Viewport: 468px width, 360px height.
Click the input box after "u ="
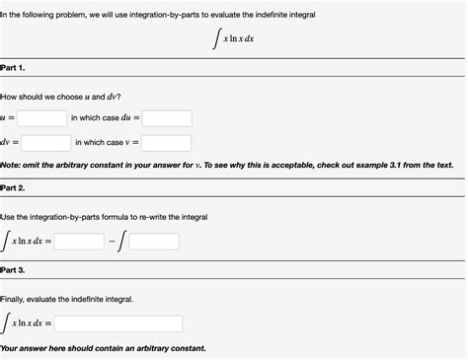(x=41, y=118)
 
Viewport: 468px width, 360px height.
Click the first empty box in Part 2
(x=80, y=241)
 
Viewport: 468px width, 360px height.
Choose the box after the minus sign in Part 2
(x=155, y=241)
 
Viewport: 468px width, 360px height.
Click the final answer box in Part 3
(x=118, y=324)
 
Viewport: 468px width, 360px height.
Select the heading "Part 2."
(x=14, y=187)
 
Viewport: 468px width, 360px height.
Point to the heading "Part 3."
(x=14, y=269)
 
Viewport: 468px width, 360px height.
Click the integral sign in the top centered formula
(x=214, y=39)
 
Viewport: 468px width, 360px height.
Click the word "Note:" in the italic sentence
(x=12, y=165)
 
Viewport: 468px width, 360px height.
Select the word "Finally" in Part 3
(x=17, y=297)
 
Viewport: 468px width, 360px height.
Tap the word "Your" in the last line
(x=11, y=348)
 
